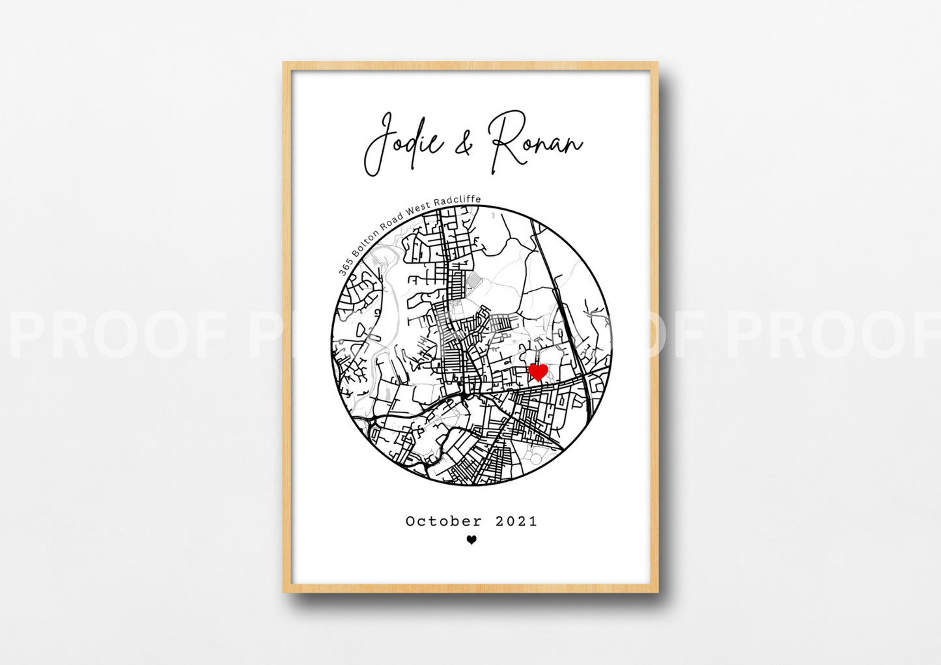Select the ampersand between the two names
[x=464, y=147]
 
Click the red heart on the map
[x=538, y=373]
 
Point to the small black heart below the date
[x=471, y=539]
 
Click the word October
[x=443, y=521]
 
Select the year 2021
[x=516, y=521]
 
